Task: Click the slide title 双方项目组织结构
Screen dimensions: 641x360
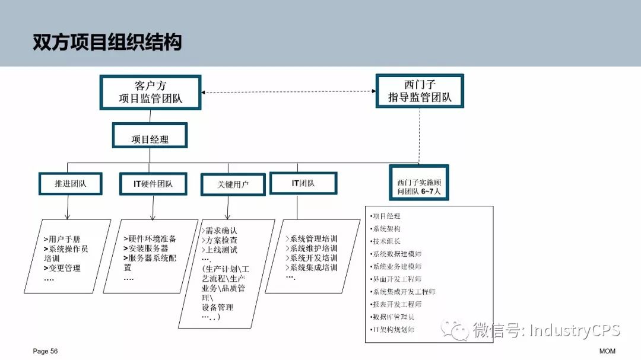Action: click(107, 42)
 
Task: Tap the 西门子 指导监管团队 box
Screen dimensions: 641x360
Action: click(420, 91)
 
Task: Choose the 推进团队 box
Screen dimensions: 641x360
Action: click(71, 184)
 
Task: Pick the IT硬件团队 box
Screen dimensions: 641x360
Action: click(153, 184)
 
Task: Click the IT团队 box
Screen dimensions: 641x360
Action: click(303, 183)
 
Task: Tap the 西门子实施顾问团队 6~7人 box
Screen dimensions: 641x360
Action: click(419, 183)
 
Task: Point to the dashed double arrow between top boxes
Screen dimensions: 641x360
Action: click(288, 92)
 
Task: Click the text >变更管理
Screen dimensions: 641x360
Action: click(62, 268)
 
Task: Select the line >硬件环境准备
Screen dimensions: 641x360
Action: click(150, 238)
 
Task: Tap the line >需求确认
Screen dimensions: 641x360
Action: click(220, 231)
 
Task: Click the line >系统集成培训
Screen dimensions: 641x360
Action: click(311, 267)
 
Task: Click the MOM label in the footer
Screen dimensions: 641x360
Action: click(607, 351)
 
